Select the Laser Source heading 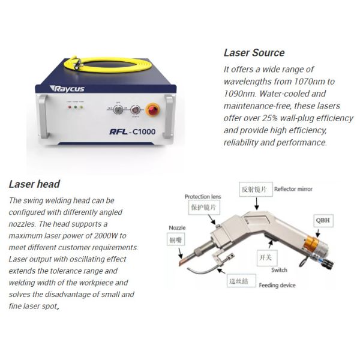(x=254, y=53)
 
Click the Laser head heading (x=34, y=184)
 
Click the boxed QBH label (x=323, y=220)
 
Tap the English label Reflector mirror (x=293, y=189)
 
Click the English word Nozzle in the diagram (x=178, y=228)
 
